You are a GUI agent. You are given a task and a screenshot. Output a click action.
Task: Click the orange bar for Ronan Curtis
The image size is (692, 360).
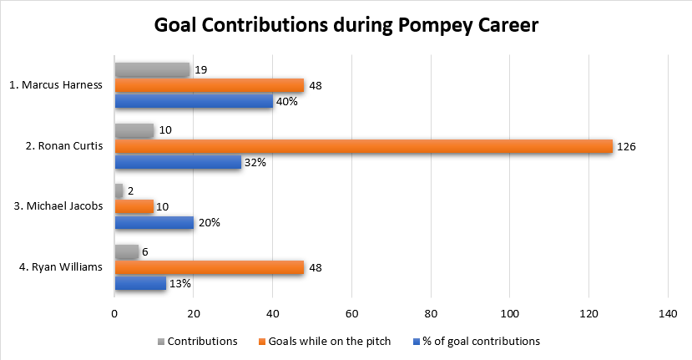(363, 146)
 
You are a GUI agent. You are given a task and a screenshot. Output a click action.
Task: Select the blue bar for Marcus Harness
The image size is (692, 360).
(194, 101)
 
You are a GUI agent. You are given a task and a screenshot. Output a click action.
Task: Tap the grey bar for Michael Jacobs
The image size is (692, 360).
(119, 190)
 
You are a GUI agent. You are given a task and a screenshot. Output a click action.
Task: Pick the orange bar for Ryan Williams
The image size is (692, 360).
(209, 267)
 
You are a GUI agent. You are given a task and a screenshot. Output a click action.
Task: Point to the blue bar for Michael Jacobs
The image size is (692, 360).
(154, 222)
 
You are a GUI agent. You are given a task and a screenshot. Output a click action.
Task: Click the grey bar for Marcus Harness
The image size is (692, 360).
(152, 70)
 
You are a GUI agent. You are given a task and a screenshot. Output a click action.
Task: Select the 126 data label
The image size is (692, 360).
(626, 146)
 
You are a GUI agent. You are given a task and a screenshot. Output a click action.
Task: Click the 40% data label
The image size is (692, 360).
(287, 102)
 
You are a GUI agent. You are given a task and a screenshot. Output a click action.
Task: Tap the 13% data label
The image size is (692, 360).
(180, 283)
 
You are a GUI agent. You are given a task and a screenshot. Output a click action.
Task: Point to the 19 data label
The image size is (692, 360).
(201, 70)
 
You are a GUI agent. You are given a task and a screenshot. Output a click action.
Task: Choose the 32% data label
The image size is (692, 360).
(255, 162)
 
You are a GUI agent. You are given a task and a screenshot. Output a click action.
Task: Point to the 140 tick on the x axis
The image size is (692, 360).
(668, 314)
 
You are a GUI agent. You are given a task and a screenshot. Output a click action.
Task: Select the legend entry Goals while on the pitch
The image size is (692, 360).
(331, 341)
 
